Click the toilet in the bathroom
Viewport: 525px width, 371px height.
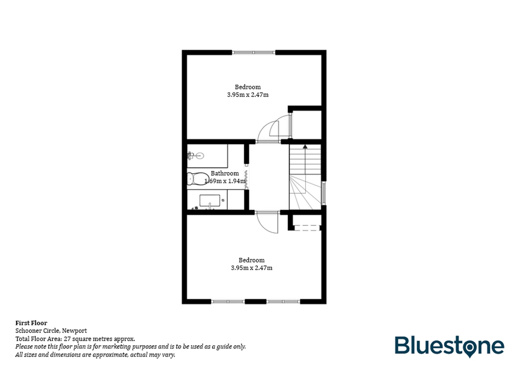pos(197,179)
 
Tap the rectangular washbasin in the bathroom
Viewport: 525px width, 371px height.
pos(209,201)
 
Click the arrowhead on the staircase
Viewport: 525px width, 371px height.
pos(305,147)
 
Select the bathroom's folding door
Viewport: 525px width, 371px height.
pos(246,180)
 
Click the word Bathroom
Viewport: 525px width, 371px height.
pos(225,173)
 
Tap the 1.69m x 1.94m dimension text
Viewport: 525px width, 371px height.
pos(225,181)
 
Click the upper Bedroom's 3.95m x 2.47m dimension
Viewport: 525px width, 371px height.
pos(248,95)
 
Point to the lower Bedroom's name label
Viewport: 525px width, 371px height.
pos(251,260)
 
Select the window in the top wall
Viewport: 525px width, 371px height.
pos(254,52)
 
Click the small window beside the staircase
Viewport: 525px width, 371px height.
pos(324,193)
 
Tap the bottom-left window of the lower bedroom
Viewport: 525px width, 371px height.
pos(228,302)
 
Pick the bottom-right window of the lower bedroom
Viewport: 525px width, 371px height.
pos(283,302)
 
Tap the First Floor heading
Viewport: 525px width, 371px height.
pos(31,323)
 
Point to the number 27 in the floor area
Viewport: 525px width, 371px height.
pos(67,339)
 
